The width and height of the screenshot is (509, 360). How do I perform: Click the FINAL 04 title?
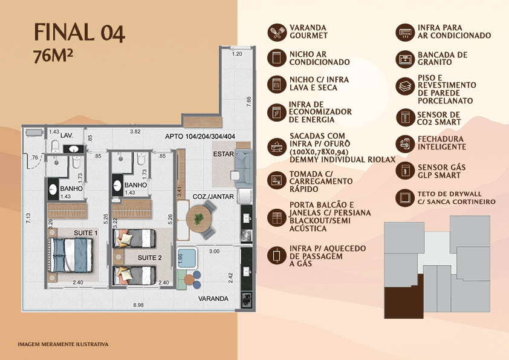pyautogui.click(x=79, y=33)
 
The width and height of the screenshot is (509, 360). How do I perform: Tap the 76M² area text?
pyautogui.click(x=53, y=56)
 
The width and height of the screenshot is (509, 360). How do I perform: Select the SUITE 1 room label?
pyautogui.click(x=86, y=233)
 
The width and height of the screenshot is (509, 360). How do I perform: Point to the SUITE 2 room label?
pyautogui.click(x=150, y=258)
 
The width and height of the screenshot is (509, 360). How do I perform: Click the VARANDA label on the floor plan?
pyautogui.click(x=213, y=299)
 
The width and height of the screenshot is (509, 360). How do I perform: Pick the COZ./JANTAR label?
pyautogui.click(x=213, y=197)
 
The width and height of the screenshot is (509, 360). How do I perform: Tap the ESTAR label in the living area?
pyautogui.click(x=223, y=154)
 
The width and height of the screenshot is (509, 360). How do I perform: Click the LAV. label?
pyautogui.click(x=66, y=135)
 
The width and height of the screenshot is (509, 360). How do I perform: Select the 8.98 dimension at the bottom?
pyautogui.click(x=138, y=305)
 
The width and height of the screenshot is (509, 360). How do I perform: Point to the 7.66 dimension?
pyautogui.click(x=248, y=102)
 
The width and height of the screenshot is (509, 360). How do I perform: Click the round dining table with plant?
pyautogui.click(x=199, y=218)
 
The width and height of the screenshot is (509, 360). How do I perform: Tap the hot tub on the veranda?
pyautogui.click(x=187, y=258)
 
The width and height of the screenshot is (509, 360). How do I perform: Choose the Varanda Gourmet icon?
pyautogui.click(x=277, y=32)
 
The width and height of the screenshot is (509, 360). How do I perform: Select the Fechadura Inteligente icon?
pyautogui.click(x=405, y=143)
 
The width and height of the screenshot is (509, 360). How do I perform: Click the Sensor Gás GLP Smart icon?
pyautogui.click(x=405, y=170)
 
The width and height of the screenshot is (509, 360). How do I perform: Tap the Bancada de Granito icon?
pyautogui.click(x=405, y=59)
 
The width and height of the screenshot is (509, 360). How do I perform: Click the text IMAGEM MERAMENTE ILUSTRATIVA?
pyautogui.click(x=63, y=344)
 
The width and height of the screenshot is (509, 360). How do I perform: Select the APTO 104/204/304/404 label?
pyautogui.click(x=200, y=137)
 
